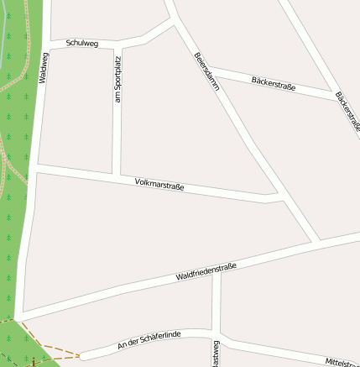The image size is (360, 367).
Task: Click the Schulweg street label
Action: (x=81, y=42)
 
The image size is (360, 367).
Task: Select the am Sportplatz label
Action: (x=117, y=80)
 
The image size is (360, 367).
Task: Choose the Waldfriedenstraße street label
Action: (x=206, y=271)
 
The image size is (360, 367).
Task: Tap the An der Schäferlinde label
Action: (x=149, y=339)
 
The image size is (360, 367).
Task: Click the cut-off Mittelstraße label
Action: (x=342, y=361)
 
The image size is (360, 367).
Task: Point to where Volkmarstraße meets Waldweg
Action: (x=36, y=170)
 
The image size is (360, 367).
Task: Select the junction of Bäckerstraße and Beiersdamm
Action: (x=204, y=66)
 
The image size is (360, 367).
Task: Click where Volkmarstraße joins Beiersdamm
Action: (x=279, y=198)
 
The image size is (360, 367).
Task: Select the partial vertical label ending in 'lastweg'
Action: (x=216, y=354)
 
